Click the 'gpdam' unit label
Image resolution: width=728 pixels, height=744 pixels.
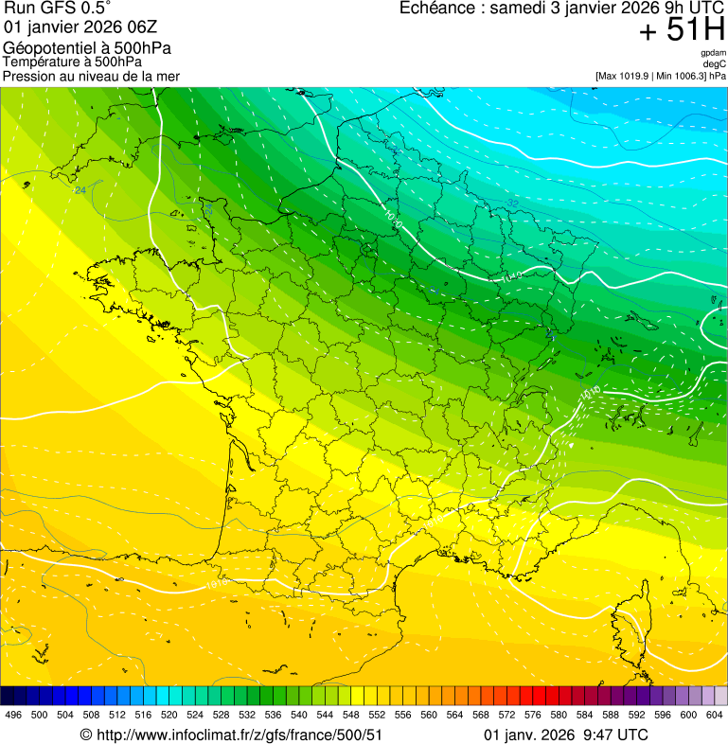[713, 53]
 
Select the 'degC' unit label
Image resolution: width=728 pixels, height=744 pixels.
[715, 63]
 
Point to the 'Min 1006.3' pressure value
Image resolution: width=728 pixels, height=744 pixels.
[679, 75]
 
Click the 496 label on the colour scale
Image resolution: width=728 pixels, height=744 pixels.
[13, 715]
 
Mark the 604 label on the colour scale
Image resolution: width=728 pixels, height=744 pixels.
[715, 715]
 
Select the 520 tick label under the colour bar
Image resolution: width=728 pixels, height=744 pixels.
[169, 715]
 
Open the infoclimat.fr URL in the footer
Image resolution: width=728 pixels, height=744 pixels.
[239, 735]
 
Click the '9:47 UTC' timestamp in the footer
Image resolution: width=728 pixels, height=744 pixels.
[616, 735]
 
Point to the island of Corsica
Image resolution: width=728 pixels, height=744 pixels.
[627, 639]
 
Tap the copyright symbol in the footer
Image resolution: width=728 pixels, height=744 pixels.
[85, 735]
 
